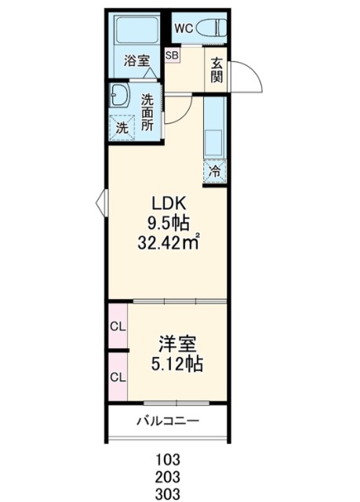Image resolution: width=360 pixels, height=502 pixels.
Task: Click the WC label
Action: click(x=184, y=28)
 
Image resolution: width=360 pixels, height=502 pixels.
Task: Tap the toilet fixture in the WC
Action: click(x=210, y=28)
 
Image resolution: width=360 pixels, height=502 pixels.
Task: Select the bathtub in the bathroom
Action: click(x=137, y=30)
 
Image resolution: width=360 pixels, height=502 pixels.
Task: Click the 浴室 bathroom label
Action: click(x=137, y=60)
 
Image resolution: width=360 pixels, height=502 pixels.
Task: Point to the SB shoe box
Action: click(x=173, y=55)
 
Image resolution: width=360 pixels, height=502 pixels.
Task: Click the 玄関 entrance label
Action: click(x=216, y=71)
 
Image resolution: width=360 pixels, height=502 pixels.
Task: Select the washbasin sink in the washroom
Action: click(x=120, y=95)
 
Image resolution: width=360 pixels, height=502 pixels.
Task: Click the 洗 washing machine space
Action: click(x=122, y=128)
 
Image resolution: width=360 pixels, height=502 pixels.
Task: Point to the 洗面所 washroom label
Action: click(x=147, y=111)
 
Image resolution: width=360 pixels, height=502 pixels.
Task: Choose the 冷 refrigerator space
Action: click(x=215, y=171)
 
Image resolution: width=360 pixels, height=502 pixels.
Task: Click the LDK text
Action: click(x=169, y=203)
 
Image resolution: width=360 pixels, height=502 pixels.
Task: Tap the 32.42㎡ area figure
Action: click(x=169, y=243)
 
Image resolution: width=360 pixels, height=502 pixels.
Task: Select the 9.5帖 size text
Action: click(x=169, y=224)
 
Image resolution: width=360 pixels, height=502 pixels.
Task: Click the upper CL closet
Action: click(x=118, y=326)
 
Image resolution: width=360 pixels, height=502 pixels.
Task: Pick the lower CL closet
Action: click(x=118, y=376)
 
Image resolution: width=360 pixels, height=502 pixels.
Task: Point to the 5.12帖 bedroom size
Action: click(x=176, y=364)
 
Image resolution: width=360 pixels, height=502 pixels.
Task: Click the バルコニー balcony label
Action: click(x=169, y=420)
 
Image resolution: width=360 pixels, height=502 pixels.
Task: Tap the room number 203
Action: click(x=168, y=477)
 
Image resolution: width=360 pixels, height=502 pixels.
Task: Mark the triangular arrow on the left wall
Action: click(x=101, y=202)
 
